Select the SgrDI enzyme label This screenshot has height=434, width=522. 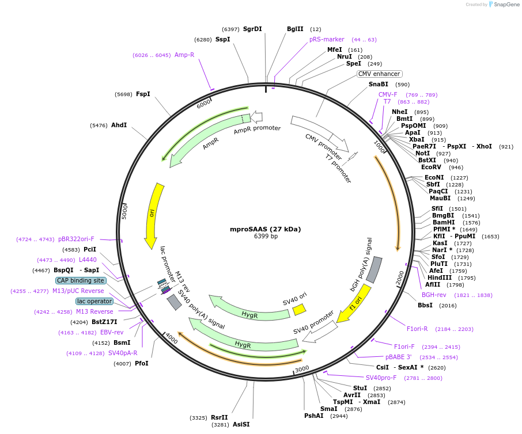(252, 29)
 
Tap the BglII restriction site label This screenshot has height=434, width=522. (295, 29)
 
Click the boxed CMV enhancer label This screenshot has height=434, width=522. (379, 74)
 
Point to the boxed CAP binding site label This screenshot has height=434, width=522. (81, 280)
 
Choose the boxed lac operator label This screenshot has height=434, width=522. (94, 301)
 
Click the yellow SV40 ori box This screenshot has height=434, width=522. (299, 310)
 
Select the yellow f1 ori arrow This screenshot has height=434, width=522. (353, 304)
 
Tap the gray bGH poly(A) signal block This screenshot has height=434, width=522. (374, 269)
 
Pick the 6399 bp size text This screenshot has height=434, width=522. (266, 236)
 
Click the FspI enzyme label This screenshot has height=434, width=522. (143, 94)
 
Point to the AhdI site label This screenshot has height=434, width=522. (119, 125)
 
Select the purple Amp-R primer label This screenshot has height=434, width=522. (184, 55)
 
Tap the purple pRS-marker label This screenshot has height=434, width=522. (327, 39)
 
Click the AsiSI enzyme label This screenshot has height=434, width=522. (241, 424)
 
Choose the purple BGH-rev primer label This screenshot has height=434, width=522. (434, 295)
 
